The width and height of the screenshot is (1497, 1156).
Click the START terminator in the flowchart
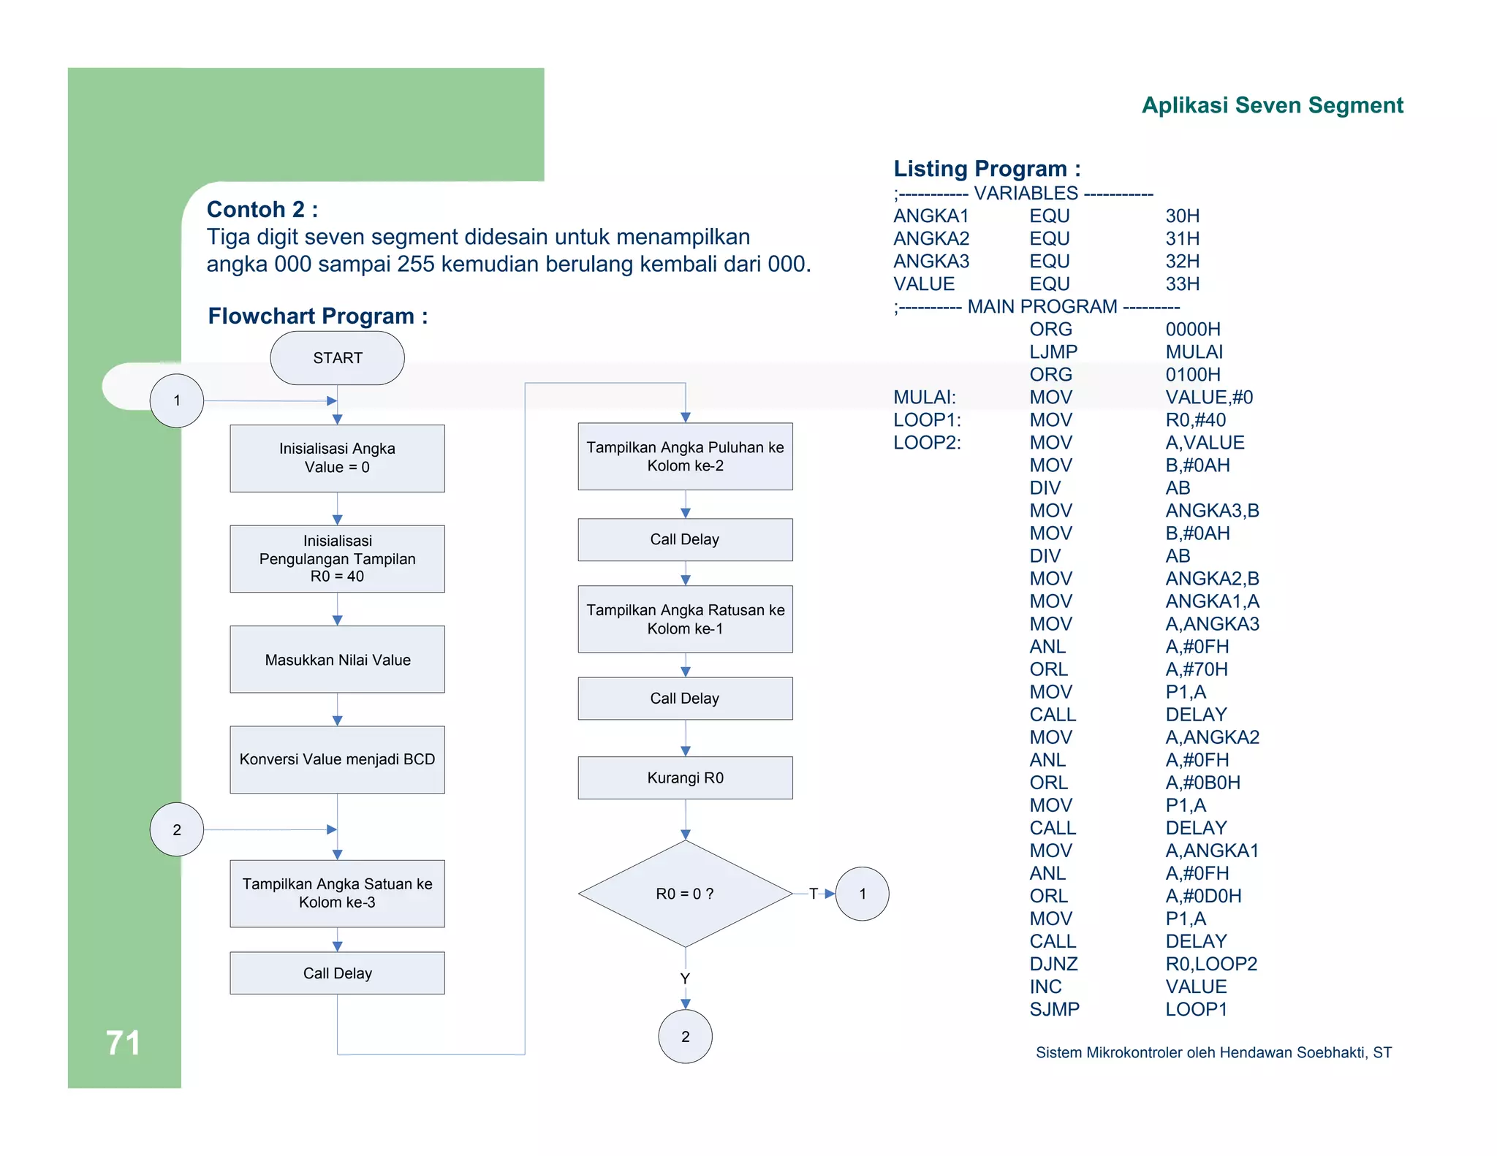pyautogui.click(x=337, y=358)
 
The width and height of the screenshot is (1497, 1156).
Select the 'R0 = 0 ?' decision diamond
pyautogui.click(x=685, y=894)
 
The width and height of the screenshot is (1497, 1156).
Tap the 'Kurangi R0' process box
pyautogui.click(x=685, y=777)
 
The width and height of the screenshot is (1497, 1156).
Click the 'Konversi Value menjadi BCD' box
pyautogui.click(x=337, y=759)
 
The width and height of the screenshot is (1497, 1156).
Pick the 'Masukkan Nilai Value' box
pyautogui.click(x=337, y=659)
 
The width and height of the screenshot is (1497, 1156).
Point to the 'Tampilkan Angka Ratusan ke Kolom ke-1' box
pyautogui.click(x=685, y=619)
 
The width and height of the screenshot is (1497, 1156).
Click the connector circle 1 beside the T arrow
pyautogui.click(x=863, y=894)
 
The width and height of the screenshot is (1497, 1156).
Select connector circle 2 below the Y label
pyautogui.click(x=685, y=1036)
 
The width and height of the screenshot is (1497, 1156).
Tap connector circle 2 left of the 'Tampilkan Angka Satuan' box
pyautogui.click(x=177, y=829)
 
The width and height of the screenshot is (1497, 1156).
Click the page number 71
pyautogui.click(x=123, y=1043)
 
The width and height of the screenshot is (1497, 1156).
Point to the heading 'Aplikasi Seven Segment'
pyautogui.click(x=1272, y=105)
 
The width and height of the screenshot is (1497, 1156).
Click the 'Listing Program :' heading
pyautogui.click(x=987, y=169)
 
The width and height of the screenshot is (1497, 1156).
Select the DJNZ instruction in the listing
pyautogui.click(x=1053, y=964)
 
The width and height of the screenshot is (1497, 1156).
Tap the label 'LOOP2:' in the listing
pyautogui.click(x=927, y=443)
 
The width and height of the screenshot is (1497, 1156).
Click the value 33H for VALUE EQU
pyautogui.click(x=1182, y=284)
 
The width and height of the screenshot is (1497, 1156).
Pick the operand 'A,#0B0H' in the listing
pyautogui.click(x=1202, y=783)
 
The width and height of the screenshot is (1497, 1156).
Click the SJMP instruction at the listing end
pyautogui.click(x=1054, y=1009)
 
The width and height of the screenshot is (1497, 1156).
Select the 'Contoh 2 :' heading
pyautogui.click(x=262, y=210)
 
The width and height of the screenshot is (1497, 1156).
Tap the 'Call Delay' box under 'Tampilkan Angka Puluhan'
pyautogui.click(x=685, y=539)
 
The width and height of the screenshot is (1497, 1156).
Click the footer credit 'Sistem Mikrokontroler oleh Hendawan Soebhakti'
pyautogui.click(x=1213, y=1052)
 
